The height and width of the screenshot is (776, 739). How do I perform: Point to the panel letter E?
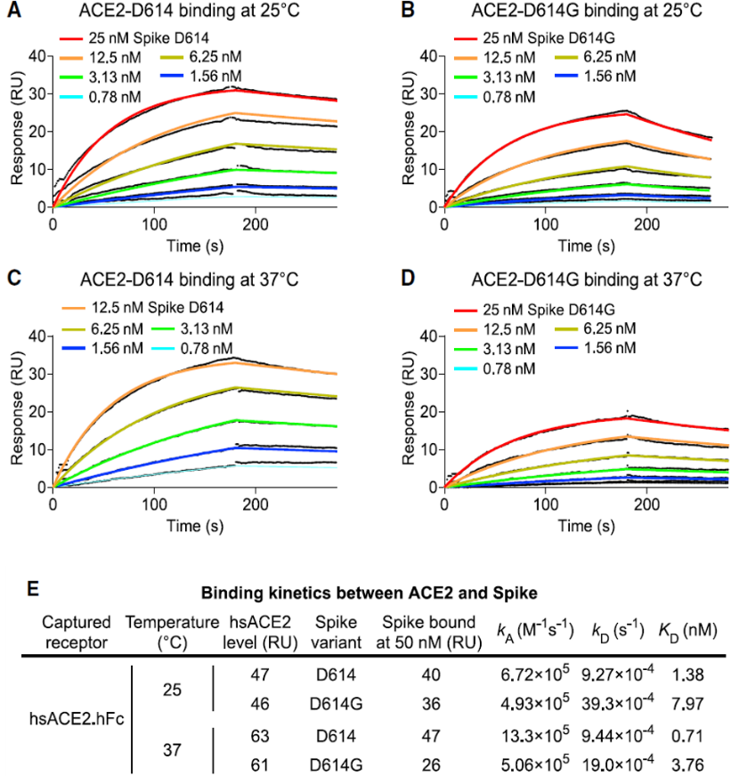[33, 589]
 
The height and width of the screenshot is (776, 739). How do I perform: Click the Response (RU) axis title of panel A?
[15, 131]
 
